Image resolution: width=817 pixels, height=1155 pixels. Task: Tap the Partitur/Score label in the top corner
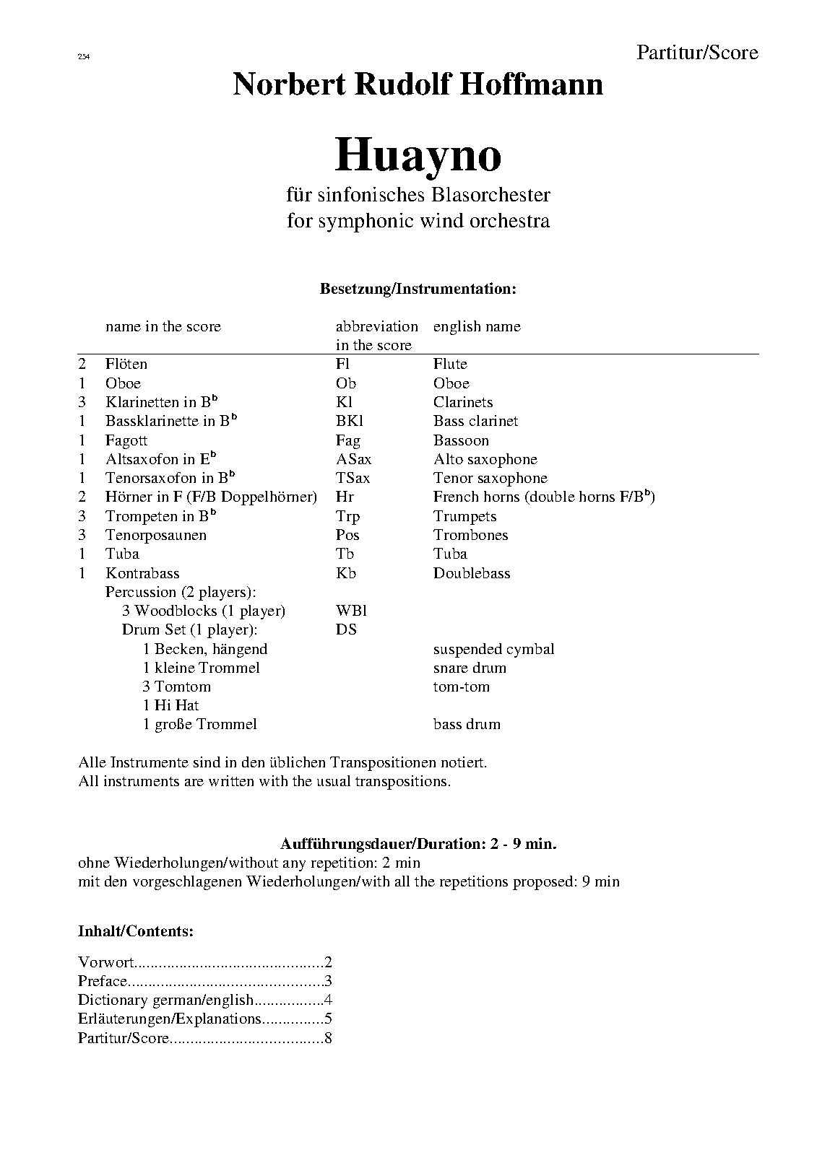(697, 52)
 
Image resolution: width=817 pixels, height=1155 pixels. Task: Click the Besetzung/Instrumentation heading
(418, 289)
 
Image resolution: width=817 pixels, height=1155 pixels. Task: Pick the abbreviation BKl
(350, 421)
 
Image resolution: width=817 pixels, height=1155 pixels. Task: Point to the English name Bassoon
(461, 440)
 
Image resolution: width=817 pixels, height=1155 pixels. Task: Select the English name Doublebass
(472, 573)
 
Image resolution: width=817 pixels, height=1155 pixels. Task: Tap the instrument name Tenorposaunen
(156, 535)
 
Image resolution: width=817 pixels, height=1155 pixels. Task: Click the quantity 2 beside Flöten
(82, 364)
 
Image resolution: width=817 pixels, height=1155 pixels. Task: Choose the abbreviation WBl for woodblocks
(351, 611)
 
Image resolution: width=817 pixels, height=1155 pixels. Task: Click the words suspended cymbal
(493, 649)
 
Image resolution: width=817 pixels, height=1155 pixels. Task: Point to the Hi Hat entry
(170, 705)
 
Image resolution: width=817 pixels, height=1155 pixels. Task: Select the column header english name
(477, 326)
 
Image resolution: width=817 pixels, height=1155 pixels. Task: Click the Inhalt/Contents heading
(136, 931)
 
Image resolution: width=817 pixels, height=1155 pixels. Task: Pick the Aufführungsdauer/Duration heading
(418, 843)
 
